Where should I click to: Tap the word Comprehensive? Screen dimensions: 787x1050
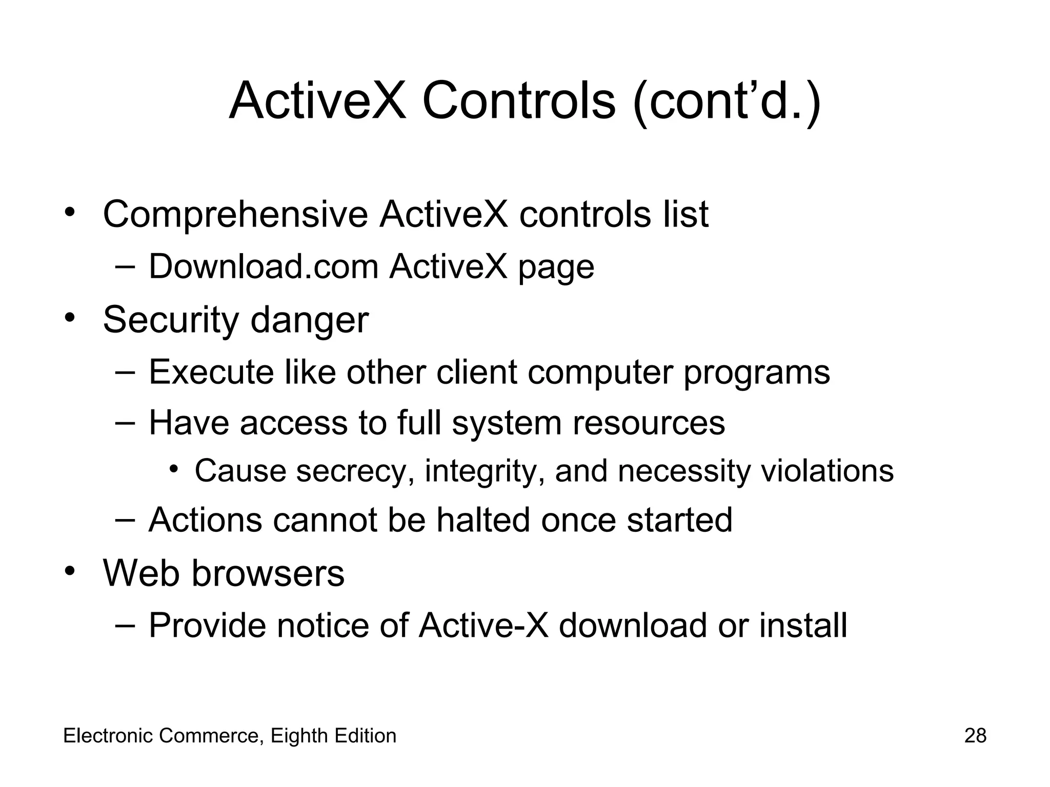pos(235,215)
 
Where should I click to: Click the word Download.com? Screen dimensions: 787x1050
pos(263,267)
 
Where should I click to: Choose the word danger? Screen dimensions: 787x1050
pos(309,319)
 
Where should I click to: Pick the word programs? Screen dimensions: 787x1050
pos(756,373)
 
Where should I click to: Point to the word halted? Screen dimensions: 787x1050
pos(483,520)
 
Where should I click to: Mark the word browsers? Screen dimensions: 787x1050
pos(268,573)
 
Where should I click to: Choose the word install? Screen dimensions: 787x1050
pos(803,626)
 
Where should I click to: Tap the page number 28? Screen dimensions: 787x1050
pos(975,736)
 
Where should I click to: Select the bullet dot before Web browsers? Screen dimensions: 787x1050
pos(70,571)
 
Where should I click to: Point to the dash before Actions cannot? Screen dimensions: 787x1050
pos(125,520)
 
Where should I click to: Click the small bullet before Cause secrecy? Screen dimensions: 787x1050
pos(175,469)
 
